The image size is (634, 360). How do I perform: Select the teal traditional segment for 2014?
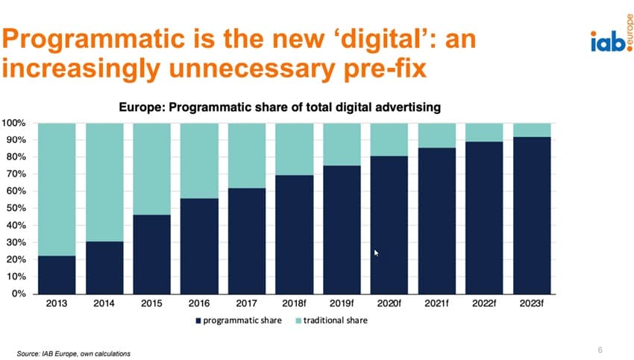[x=104, y=182]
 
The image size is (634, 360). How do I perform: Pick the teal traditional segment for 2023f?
[x=532, y=130]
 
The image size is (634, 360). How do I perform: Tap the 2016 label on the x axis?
[x=199, y=305]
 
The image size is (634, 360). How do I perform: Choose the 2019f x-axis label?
[x=342, y=305]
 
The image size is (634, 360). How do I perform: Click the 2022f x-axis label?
[x=484, y=305]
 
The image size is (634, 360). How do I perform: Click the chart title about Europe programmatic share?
[x=280, y=107]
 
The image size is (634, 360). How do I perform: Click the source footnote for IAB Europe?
[x=74, y=352]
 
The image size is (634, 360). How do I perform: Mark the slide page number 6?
[x=600, y=349]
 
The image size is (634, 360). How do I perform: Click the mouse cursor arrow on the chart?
[x=377, y=253]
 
